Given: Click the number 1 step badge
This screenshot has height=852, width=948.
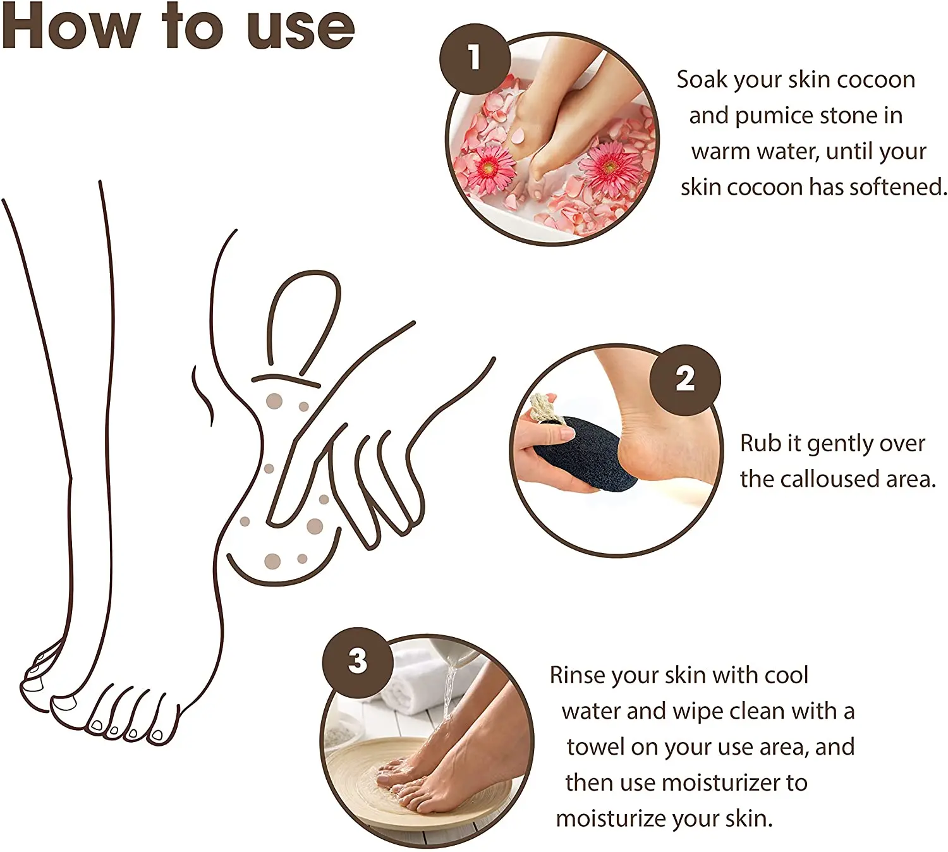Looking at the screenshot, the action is [x=475, y=59].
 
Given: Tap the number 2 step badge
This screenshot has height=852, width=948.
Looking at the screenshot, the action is [x=684, y=380].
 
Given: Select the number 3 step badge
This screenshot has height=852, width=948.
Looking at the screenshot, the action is [x=358, y=662].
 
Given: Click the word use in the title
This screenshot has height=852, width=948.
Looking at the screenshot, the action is [x=301, y=31].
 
